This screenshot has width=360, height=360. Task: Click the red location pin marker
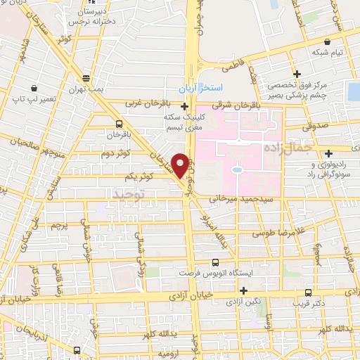(181, 164)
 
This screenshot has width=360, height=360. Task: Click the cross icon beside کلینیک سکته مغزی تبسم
(184, 107)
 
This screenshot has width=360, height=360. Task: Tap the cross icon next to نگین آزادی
(244, 290)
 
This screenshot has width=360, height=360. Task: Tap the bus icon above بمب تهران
(86, 77)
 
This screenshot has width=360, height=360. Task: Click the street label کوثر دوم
(115, 153)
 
